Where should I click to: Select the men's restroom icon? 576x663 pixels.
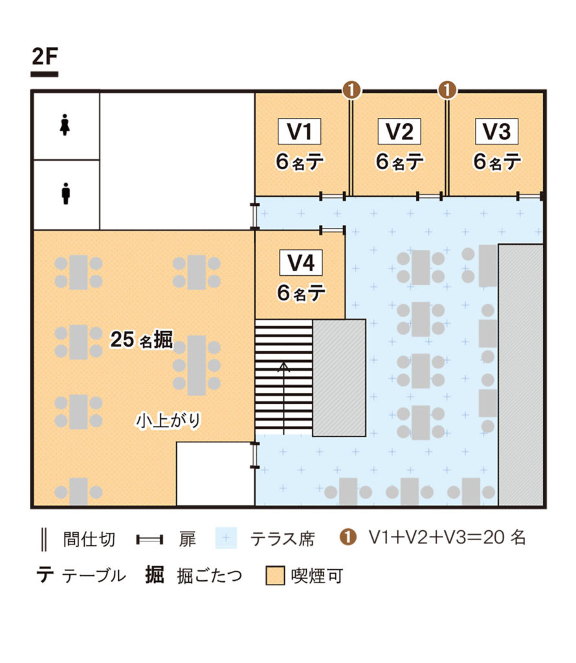pos(65,193)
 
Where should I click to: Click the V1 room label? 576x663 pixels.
pos(300,131)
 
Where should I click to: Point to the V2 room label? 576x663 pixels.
pos(399,131)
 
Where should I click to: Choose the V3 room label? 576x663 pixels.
pos(496,131)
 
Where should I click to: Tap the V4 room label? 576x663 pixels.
pos(300,264)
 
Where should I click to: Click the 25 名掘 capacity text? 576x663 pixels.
pos(142,341)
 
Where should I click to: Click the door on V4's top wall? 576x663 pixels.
pos(333,230)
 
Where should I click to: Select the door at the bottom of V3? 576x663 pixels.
pos(530,196)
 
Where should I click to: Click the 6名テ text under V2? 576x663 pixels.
pos(399,162)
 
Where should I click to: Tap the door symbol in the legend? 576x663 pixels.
pos(153,539)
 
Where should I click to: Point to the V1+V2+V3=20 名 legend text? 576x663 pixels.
pos(447,537)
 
